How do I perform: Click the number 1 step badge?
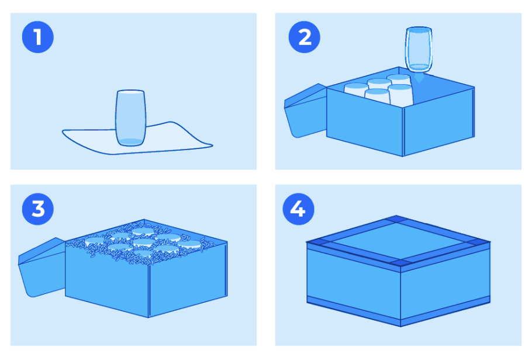coord(37,37)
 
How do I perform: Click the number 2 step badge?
coord(305,37)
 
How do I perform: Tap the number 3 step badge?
coord(37,209)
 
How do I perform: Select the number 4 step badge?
coord(298,209)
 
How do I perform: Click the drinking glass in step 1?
coord(130,117)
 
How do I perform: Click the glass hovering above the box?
coord(419,50)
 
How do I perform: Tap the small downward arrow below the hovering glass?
coord(419,78)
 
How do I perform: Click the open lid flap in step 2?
coord(305,111)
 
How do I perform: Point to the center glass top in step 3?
coord(144,243)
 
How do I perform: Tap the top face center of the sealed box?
coord(398,240)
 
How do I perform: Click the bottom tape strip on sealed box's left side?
coord(354,310)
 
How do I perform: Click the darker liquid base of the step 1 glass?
coord(130,142)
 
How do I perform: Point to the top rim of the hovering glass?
coord(419,30)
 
